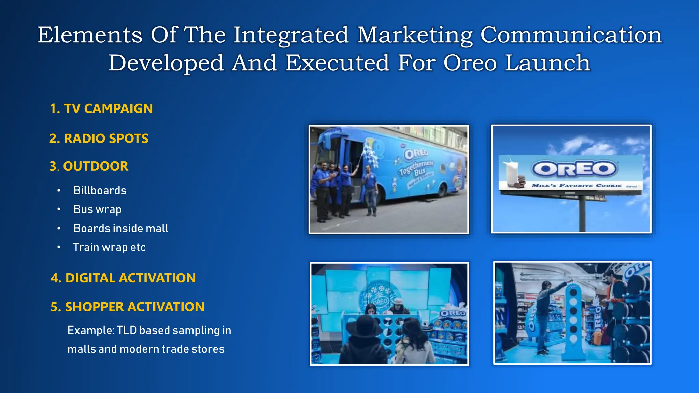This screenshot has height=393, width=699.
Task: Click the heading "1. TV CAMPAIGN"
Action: [101, 108]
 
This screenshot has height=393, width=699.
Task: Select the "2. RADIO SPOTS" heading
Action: [99, 139]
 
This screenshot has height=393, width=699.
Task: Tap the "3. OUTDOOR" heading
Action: [89, 166]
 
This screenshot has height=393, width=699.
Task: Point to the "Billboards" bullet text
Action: [100, 190]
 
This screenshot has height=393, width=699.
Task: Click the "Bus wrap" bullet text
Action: [97, 209]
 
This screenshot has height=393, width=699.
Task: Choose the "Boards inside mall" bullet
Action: [121, 228]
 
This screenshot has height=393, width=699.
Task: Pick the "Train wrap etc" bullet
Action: [109, 247]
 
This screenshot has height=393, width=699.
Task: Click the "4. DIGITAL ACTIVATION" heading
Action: [123, 278]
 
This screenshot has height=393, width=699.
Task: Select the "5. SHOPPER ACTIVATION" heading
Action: [127, 307]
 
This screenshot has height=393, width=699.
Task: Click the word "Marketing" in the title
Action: [415, 35]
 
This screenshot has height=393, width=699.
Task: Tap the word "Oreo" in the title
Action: [470, 63]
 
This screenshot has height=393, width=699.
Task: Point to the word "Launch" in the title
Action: [547, 63]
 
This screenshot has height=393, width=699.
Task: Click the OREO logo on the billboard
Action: [574, 169]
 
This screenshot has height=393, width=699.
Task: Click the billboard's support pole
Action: [582, 213]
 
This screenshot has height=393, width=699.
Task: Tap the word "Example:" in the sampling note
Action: [91, 330]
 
